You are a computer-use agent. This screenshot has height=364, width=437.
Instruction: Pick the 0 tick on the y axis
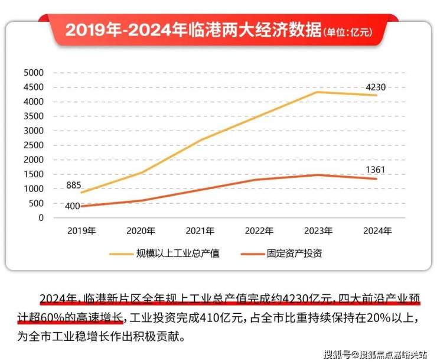tap(41, 218)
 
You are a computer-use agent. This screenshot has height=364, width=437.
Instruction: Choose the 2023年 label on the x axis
tap(318, 231)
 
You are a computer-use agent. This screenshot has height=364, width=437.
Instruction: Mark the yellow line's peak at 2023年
tap(318, 92)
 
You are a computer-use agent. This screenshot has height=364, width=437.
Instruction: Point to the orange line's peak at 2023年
tap(318, 175)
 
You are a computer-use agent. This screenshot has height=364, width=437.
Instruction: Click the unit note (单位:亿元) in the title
tap(351, 32)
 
